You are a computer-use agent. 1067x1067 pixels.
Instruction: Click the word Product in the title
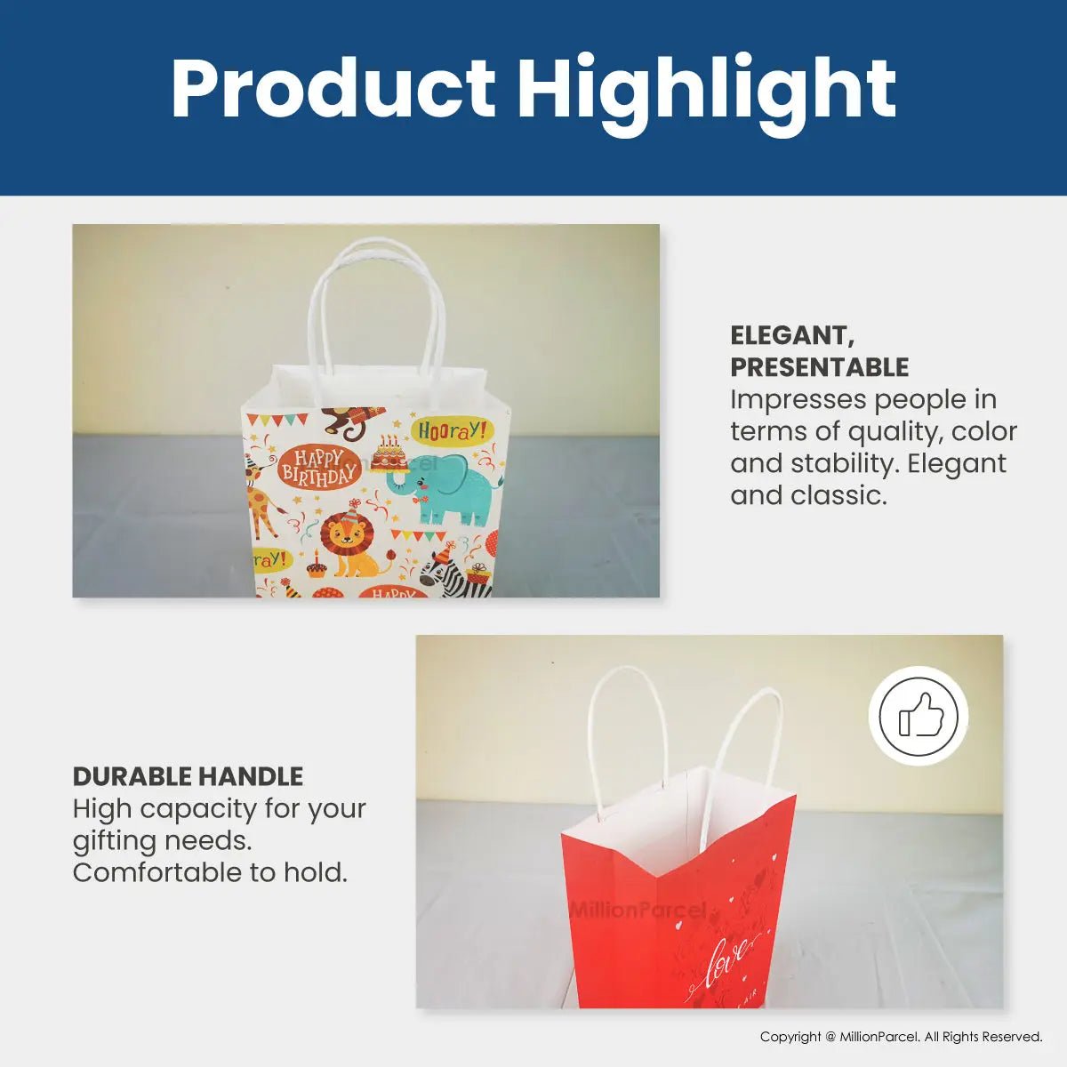point(333,89)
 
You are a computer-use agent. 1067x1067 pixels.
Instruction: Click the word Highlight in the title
point(707,89)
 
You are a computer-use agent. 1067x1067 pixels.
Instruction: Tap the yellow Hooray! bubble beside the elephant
point(452,431)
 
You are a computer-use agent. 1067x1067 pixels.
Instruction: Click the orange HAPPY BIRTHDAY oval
point(318,467)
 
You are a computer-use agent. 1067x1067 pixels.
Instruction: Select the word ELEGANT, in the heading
point(792,335)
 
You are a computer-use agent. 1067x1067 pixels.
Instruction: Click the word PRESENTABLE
point(819,367)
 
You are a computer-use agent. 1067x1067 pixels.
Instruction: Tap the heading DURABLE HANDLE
point(188,776)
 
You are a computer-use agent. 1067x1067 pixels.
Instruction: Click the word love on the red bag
point(726,963)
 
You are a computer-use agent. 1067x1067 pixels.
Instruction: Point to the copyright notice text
point(901,1037)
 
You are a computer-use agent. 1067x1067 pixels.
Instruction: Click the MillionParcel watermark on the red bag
point(638,910)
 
